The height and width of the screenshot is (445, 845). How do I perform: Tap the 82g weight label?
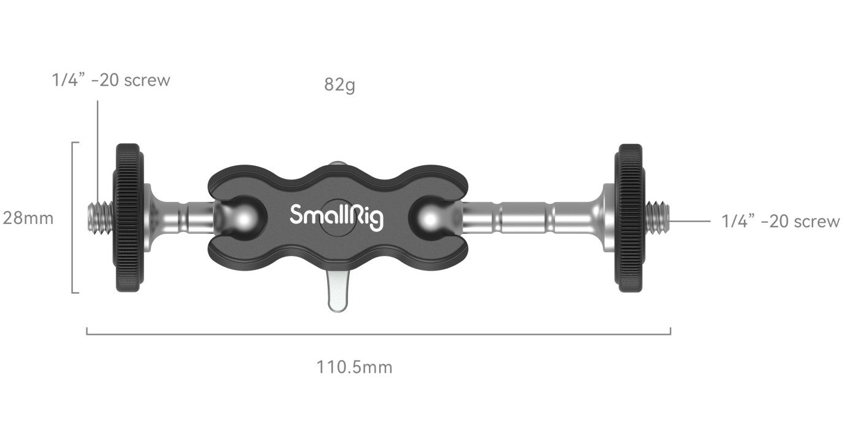pos(339,85)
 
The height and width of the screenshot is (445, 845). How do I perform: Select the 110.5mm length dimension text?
pos(354,367)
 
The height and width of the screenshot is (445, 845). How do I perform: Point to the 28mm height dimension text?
pos(28,218)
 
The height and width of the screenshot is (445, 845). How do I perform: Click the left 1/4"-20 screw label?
pos(111,80)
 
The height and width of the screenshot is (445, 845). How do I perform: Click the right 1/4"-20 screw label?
pos(781,222)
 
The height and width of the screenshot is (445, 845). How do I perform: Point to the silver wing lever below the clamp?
pos(336,293)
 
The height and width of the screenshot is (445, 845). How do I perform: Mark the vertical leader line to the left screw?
pos(97,147)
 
